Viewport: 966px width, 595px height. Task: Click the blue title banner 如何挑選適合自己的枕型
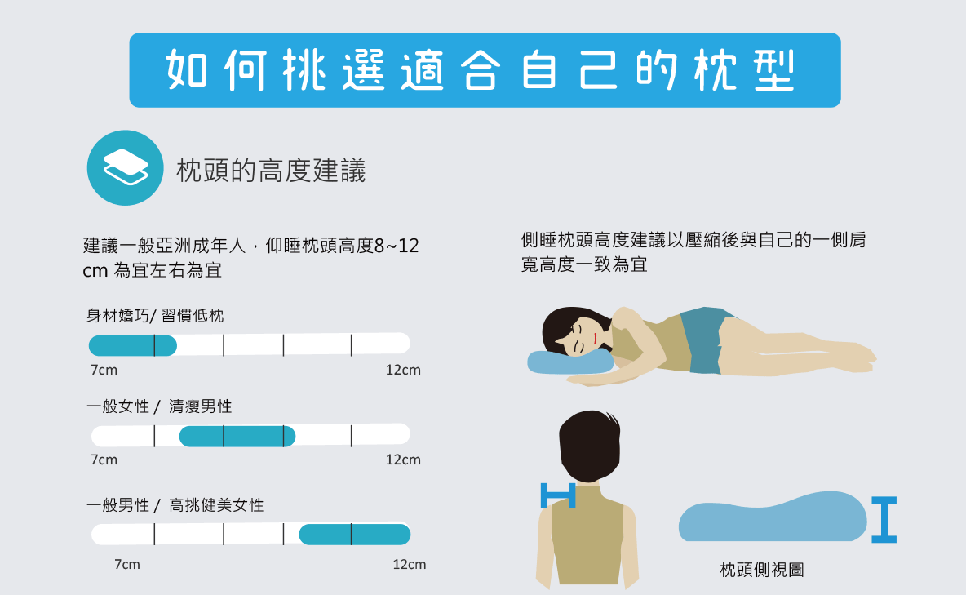(x=485, y=70)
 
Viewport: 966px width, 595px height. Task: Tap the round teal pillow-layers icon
(x=125, y=167)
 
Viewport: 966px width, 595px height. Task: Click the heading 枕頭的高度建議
(x=271, y=171)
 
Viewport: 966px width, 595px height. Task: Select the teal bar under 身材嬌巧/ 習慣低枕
(x=132, y=345)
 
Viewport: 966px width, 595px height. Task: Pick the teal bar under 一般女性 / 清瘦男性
(x=237, y=437)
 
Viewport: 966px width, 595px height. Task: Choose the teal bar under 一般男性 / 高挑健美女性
(x=355, y=535)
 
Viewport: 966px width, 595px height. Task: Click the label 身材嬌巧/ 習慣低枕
(x=155, y=316)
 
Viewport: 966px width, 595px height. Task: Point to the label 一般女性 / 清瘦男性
(x=159, y=406)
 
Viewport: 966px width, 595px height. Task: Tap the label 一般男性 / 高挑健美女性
(x=175, y=505)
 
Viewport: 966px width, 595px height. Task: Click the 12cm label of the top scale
(x=403, y=370)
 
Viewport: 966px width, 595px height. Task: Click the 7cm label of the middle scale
(x=104, y=460)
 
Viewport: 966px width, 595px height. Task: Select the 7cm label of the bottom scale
(x=127, y=565)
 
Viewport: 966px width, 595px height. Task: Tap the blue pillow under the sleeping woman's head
(x=569, y=362)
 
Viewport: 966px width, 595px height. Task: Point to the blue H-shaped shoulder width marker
(x=558, y=495)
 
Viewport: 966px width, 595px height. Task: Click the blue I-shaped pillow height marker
(x=884, y=520)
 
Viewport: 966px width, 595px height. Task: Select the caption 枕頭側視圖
(x=761, y=570)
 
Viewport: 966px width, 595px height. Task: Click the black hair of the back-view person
(x=590, y=445)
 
